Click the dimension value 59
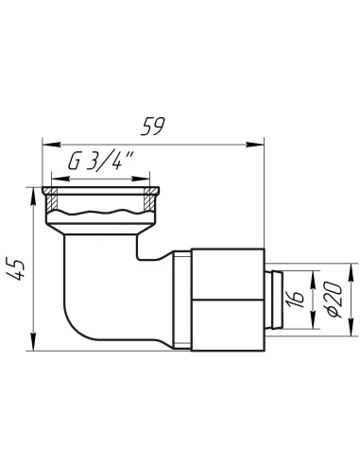pyautogui.click(x=152, y=127)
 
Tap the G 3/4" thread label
pyautogui.click(x=101, y=162)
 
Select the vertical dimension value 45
pyautogui.click(x=15, y=268)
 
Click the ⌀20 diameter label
pyautogui.click(x=334, y=300)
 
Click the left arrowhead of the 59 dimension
pyautogui.click(x=51, y=145)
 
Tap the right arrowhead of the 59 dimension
pyautogui.click(x=255, y=145)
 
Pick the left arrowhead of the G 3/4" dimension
pyautogui.click(x=60, y=179)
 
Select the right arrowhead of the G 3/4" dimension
pyautogui.click(x=141, y=179)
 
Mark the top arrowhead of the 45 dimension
pyautogui.click(x=33, y=198)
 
